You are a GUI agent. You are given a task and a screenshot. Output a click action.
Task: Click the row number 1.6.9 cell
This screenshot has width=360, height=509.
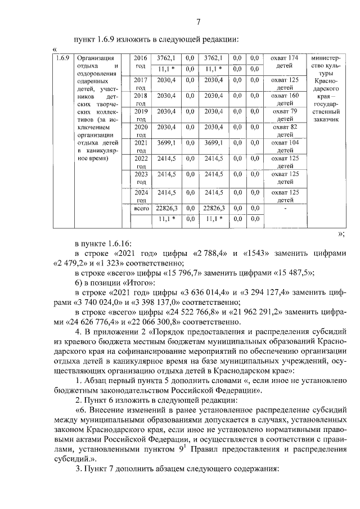(x=62, y=57)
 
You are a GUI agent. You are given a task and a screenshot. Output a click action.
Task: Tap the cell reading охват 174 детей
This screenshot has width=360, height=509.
(x=284, y=61)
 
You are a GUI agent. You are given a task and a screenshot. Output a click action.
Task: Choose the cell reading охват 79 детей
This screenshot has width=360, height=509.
(x=284, y=115)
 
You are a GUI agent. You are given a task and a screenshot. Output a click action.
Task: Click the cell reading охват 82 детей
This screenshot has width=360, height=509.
(x=284, y=131)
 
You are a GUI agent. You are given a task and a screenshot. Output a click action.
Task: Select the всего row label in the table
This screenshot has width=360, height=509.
(x=141, y=209)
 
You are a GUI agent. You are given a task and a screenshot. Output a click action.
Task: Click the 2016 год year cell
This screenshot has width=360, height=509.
(x=141, y=61)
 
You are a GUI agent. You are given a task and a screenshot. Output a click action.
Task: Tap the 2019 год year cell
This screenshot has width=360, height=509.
(x=141, y=115)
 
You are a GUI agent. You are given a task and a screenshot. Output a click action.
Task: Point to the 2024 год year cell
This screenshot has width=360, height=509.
(x=141, y=196)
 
